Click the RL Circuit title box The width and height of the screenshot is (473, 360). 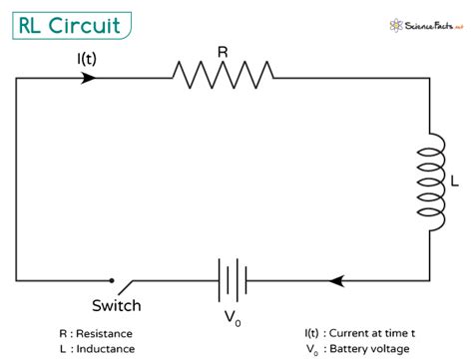coord(71,26)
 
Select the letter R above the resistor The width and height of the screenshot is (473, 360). coord(223,45)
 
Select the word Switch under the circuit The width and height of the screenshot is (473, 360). coord(117,305)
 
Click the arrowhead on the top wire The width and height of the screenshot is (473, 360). coord(90,76)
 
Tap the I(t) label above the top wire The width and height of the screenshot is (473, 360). coord(88,58)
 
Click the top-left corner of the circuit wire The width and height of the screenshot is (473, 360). coord(17,76)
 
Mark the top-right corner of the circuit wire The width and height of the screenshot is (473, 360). coord(430,76)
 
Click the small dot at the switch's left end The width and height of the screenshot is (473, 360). coord(111,280)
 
